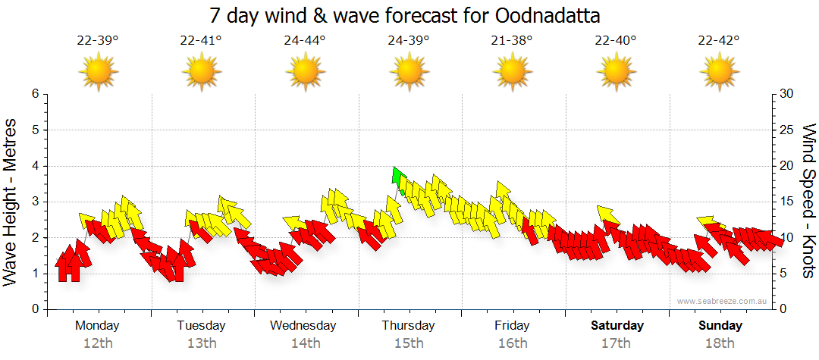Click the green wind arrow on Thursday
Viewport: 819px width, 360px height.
(396, 177)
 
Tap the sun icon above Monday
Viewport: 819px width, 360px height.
(98, 72)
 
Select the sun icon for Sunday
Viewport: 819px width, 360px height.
(719, 72)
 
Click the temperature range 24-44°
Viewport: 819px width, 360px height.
(305, 41)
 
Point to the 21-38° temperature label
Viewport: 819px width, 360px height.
(512, 41)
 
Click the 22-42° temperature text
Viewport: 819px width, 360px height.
(719, 41)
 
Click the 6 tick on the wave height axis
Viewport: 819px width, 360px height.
(34, 94)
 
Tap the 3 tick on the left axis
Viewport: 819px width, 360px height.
(34, 202)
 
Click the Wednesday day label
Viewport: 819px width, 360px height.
(303, 326)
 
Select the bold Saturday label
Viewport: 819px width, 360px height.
(617, 326)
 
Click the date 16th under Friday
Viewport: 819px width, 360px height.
(513, 343)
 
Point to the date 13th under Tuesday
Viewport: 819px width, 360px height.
(202, 343)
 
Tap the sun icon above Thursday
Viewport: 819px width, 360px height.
(409, 72)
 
